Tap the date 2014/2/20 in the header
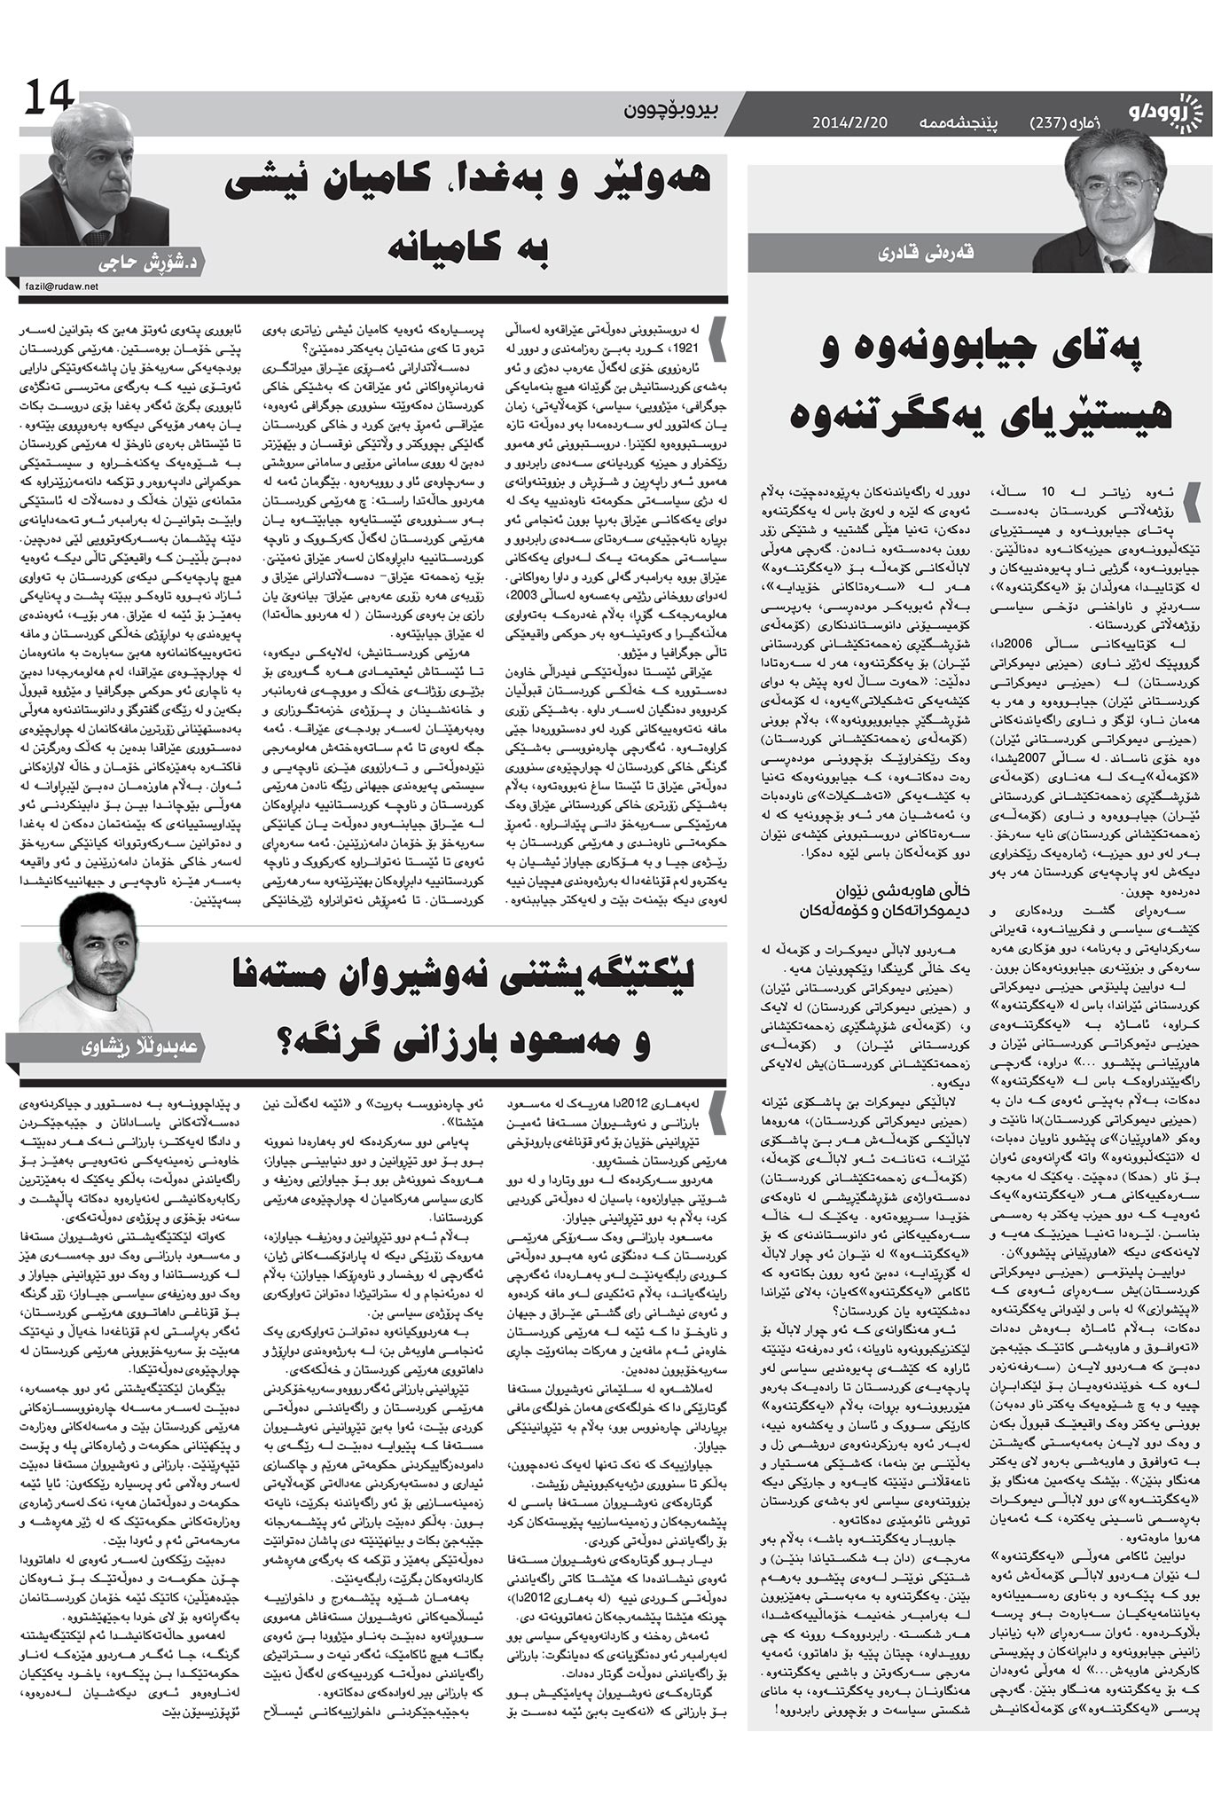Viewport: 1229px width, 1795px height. (849, 121)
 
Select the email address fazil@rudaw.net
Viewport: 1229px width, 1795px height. (62, 286)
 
